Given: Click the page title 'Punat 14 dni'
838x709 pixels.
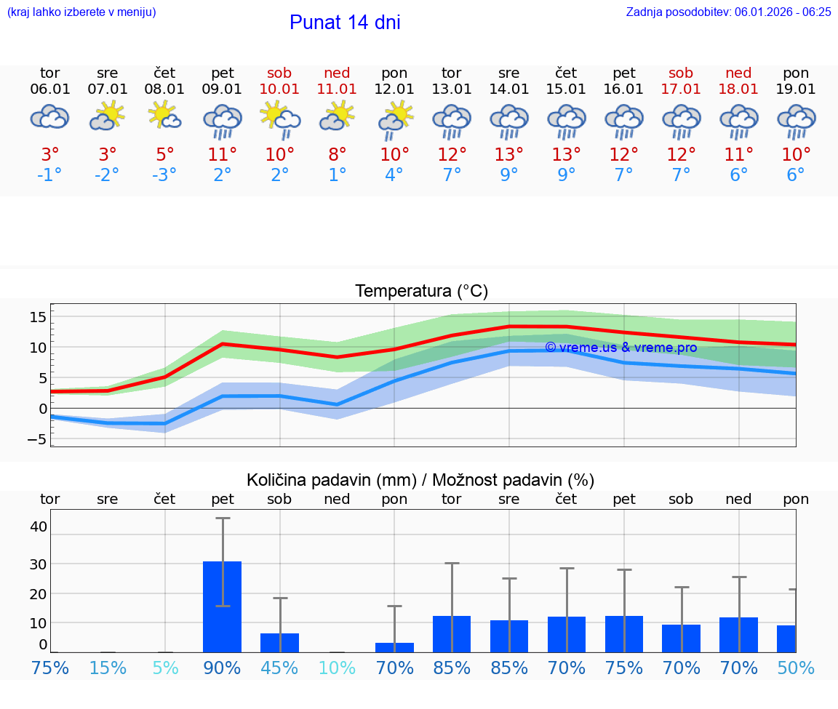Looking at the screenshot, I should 345,23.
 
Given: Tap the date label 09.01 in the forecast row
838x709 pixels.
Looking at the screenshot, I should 223,89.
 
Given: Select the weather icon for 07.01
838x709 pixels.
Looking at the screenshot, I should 108,117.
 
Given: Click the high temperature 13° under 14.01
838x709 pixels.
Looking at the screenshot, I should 509,154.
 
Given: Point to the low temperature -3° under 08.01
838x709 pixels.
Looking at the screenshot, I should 165,175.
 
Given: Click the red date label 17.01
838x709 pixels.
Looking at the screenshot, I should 681,89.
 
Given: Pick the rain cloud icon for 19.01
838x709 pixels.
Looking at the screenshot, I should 796,121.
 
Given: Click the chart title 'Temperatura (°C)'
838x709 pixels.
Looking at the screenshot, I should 421,292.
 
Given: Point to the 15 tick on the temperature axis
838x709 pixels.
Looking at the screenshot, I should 38,316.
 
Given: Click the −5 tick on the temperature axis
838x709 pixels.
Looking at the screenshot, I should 38,439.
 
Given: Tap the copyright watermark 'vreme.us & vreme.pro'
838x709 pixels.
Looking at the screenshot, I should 620,348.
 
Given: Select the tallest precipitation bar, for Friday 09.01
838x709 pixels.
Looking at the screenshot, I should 222,606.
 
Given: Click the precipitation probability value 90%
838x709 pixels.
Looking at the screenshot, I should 223,668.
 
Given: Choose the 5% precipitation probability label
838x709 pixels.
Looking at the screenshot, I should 165,668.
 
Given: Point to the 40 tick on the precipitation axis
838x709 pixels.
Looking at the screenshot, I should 39,526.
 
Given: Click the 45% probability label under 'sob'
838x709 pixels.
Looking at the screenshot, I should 279,668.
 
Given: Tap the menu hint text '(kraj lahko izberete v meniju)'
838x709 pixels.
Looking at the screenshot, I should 81,12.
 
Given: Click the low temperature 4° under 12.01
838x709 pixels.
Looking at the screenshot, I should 394,175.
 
